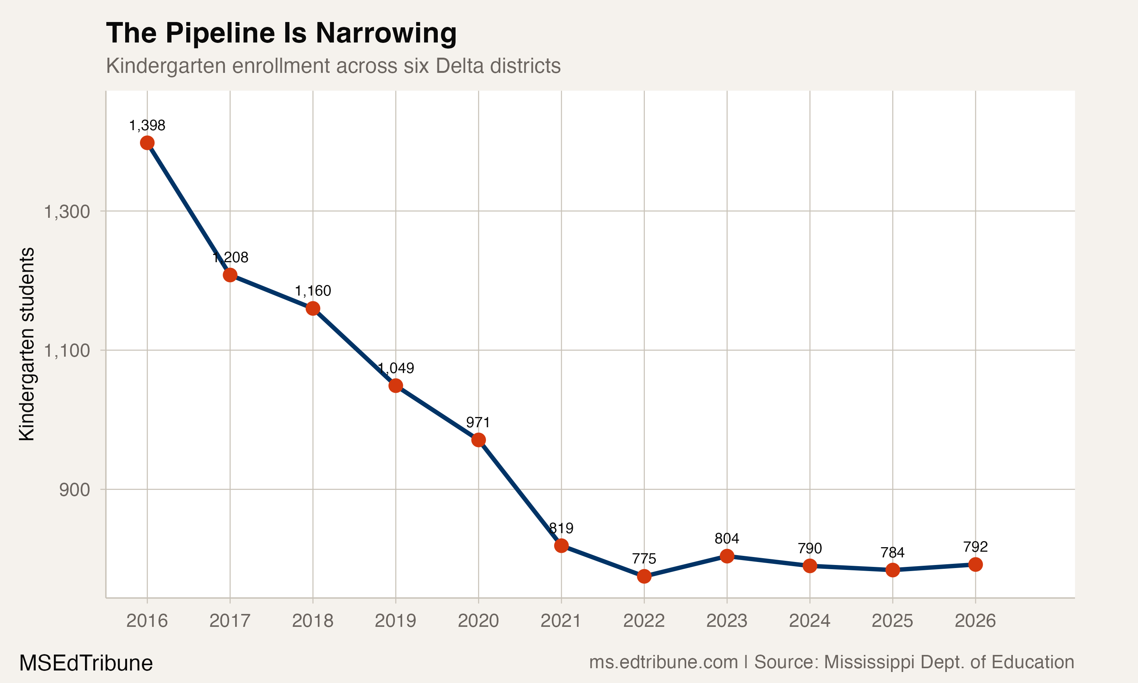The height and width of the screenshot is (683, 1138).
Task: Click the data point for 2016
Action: [147, 143]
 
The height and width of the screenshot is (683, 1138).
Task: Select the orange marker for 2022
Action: [644, 576]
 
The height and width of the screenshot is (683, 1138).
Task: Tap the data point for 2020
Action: [478, 440]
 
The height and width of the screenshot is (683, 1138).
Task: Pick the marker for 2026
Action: [975, 564]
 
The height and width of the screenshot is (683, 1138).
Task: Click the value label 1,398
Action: [147, 125]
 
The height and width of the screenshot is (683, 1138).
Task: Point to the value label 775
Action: [644, 559]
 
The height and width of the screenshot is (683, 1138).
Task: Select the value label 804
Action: [727, 538]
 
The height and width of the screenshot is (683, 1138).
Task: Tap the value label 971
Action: [478, 422]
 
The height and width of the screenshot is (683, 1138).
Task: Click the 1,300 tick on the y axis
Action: [67, 212]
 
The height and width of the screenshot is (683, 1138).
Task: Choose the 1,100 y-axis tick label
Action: [67, 351]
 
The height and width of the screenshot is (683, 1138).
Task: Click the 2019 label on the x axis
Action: [396, 621]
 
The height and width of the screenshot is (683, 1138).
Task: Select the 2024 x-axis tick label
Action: [809, 621]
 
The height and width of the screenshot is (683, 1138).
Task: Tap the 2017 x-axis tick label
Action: [230, 621]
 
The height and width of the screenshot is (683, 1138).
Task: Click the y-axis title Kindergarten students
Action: [27, 344]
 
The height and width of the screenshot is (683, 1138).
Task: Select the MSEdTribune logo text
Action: [86, 663]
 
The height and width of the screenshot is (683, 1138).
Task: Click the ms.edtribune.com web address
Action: [663, 662]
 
